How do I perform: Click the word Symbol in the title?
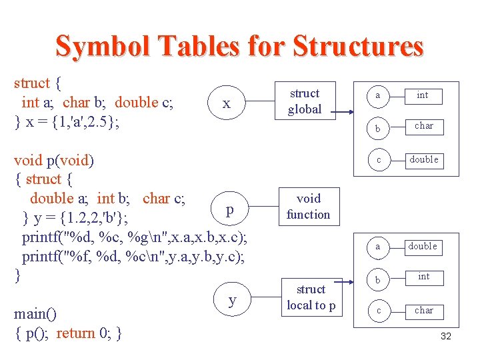(x=95, y=46)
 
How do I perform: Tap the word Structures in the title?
(x=357, y=46)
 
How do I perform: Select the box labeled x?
(x=227, y=103)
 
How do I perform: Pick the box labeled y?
(x=232, y=299)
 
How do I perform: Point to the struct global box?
(x=305, y=101)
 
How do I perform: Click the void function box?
(x=308, y=206)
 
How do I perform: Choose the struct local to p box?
(x=311, y=297)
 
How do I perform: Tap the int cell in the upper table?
(x=423, y=95)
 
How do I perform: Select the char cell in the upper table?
(x=423, y=125)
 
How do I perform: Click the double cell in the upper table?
(x=423, y=159)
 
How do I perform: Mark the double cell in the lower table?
(x=423, y=246)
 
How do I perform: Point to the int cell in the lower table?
(x=423, y=276)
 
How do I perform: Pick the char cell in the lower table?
(x=423, y=310)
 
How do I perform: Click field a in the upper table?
(x=378, y=96)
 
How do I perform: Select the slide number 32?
(x=446, y=336)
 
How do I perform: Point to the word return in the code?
(x=76, y=333)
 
